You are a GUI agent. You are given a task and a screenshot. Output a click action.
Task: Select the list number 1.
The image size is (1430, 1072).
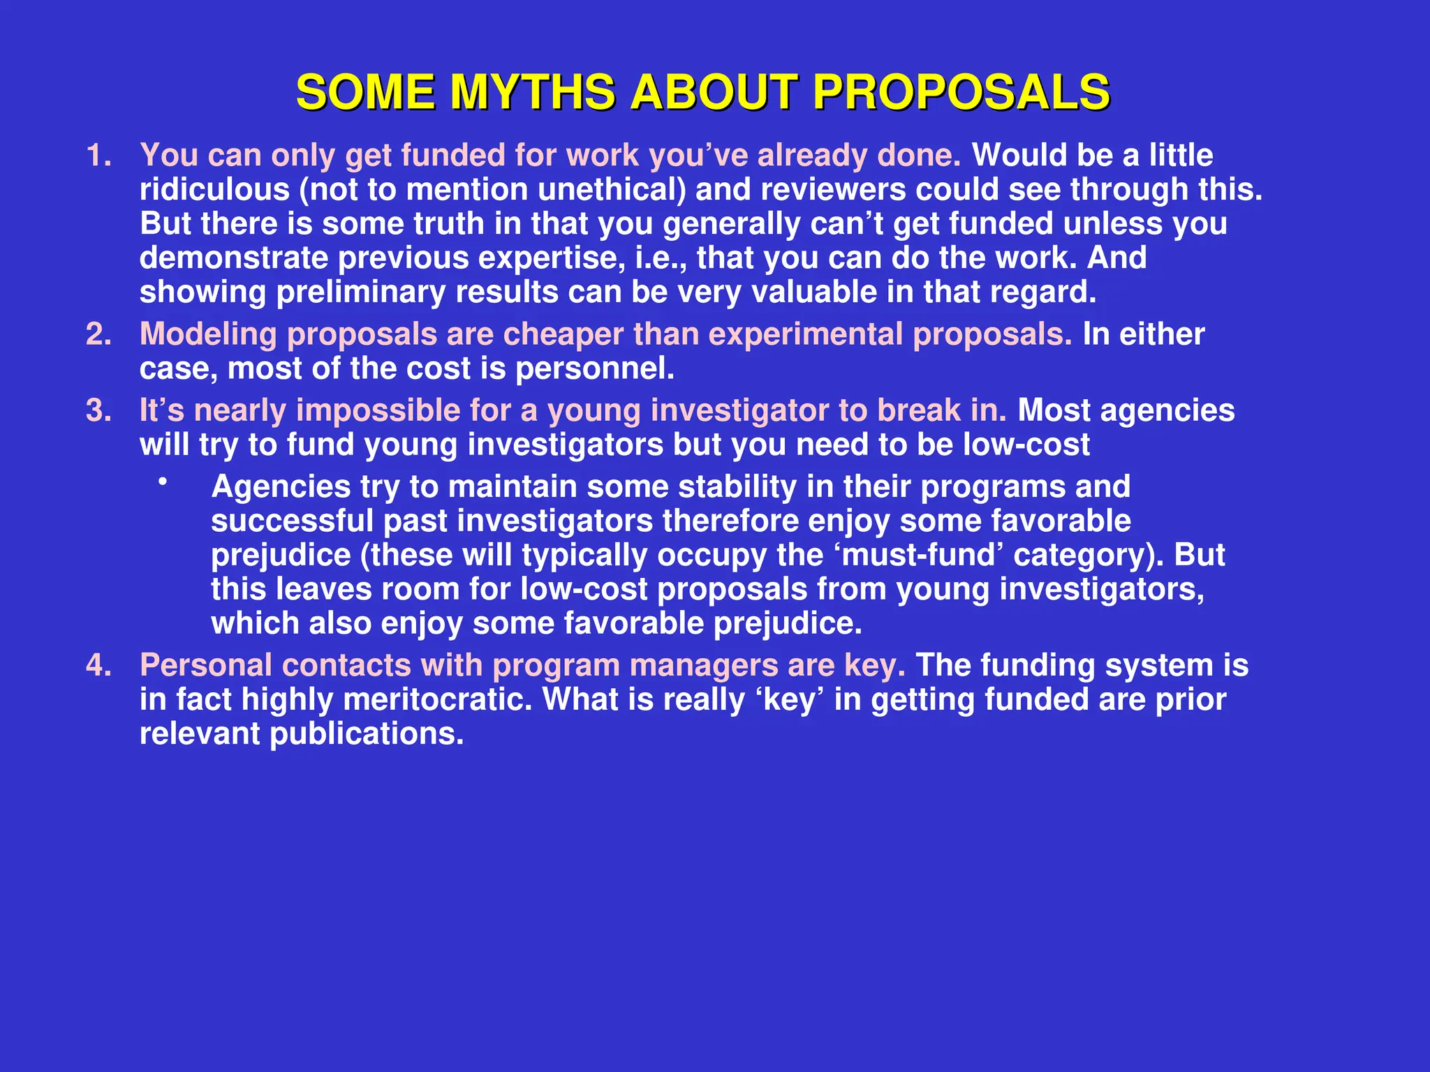[98, 156]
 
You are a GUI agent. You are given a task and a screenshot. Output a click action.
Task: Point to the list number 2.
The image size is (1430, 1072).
[98, 335]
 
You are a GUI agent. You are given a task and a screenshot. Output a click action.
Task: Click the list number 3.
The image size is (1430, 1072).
[98, 411]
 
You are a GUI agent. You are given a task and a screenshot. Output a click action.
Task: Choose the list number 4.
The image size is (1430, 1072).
[98, 666]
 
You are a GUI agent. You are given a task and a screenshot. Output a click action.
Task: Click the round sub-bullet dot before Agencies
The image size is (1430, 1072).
[163, 481]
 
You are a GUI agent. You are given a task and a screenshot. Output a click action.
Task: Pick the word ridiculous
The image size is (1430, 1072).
[214, 190]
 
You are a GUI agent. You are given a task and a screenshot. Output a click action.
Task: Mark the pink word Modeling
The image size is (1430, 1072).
[208, 335]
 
